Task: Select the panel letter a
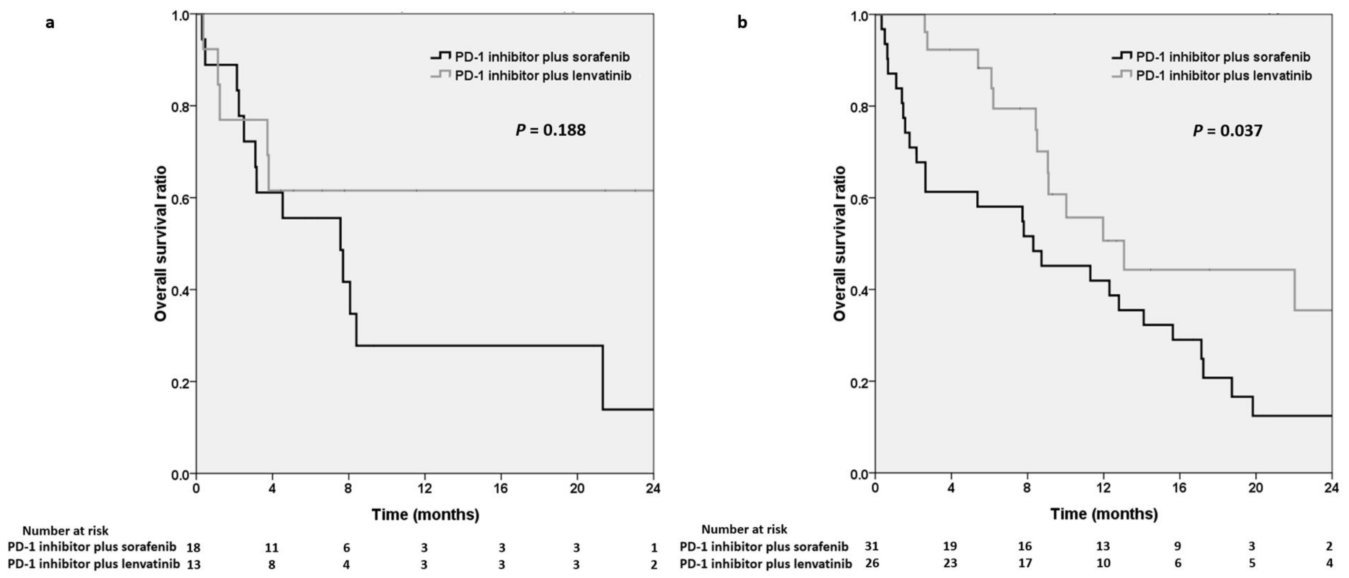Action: coord(50,23)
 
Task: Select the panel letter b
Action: coord(742,23)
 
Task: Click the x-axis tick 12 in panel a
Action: coord(425,488)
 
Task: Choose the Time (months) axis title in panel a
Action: coord(425,515)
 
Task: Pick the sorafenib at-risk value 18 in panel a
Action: coord(193,548)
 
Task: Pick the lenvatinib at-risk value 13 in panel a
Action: coord(193,564)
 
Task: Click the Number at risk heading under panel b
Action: coord(744,529)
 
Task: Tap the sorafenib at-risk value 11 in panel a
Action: coord(271,548)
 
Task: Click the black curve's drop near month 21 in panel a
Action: coord(603,377)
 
